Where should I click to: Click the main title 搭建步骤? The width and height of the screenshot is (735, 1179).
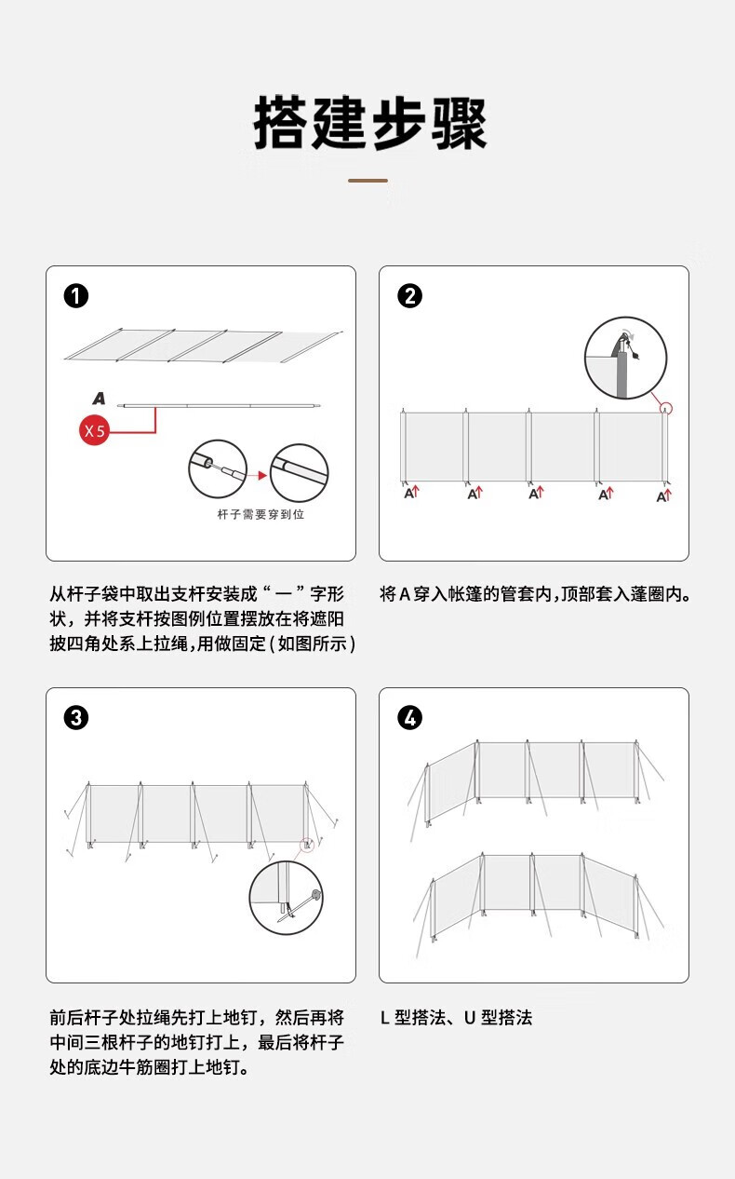pyautogui.click(x=370, y=123)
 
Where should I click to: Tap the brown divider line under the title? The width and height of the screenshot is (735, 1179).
pyautogui.click(x=367, y=180)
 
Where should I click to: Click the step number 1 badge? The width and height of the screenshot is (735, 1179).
pyautogui.click(x=76, y=296)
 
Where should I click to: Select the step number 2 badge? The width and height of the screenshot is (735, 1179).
pyautogui.click(x=409, y=296)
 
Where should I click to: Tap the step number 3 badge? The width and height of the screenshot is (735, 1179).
pyautogui.click(x=76, y=718)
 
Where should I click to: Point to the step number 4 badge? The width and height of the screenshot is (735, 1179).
pyautogui.click(x=409, y=718)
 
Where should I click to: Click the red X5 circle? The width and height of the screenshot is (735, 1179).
pyautogui.click(x=96, y=430)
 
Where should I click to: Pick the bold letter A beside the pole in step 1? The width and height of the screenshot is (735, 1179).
pyautogui.click(x=99, y=399)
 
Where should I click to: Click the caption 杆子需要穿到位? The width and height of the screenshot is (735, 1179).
pyautogui.click(x=260, y=515)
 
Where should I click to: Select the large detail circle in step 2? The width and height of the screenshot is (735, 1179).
pyautogui.click(x=625, y=358)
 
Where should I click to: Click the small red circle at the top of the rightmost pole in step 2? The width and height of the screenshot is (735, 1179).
pyautogui.click(x=665, y=408)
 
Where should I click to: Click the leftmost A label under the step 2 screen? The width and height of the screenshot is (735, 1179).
pyautogui.click(x=410, y=493)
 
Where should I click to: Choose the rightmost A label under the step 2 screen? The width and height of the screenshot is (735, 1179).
pyautogui.click(x=663, y=496)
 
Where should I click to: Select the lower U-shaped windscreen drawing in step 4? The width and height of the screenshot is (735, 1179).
pyautogui.click(x=535, y=894)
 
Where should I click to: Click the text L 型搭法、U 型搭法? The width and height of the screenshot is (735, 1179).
pyautogui.click(x=456, y=1018)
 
